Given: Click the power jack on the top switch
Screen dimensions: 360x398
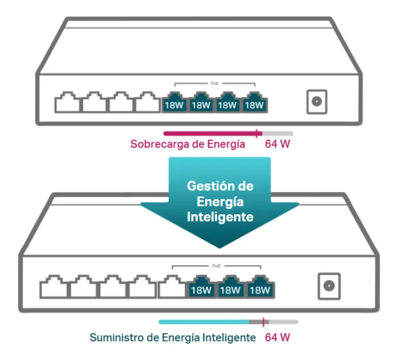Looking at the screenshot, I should (317, 102).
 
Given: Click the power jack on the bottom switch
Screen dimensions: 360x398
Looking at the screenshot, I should (328, 285).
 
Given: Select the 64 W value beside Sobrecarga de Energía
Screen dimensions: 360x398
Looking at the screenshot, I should (277, 144).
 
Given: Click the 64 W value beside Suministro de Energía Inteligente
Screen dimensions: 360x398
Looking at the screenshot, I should (277, 338).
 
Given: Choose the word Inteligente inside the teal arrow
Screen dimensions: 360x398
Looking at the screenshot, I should (220, 217).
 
